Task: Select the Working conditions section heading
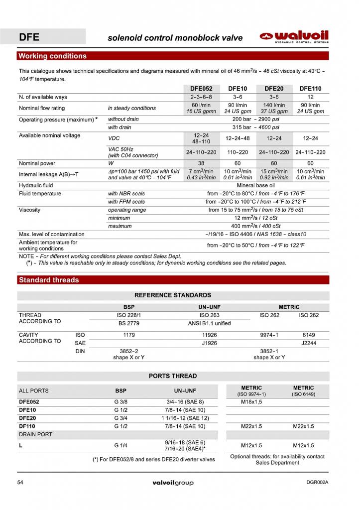[x=52, y=56]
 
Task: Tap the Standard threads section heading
[x=48, y=280]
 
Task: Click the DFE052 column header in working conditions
[x=201, y=89]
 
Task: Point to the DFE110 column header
[x=310, y=89]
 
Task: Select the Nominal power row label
[x=37, y=163]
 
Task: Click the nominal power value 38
[x=201, y=163]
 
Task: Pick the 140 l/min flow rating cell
[x=274, y=105]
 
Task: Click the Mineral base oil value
[x=256, y=185]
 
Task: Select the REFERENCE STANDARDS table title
[x=173, y=295]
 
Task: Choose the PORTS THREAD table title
[x=173, y=376]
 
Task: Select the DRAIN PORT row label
[x=35, y=434]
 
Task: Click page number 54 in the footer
[x=20, y=483]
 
